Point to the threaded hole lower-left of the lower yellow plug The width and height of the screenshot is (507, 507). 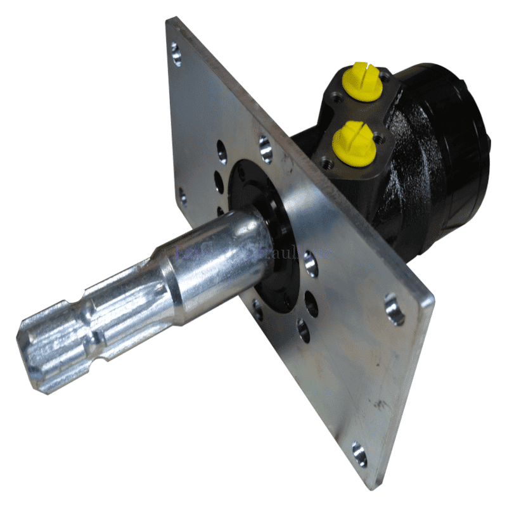click(x=328, y=163)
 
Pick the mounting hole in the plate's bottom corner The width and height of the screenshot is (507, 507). click(x=359, y=454)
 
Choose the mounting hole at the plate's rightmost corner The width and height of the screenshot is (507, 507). click(x=394, y=309)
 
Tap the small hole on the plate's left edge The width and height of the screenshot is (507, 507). click(x=183, y=196)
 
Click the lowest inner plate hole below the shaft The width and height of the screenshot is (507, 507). click(x=304, y=330)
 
